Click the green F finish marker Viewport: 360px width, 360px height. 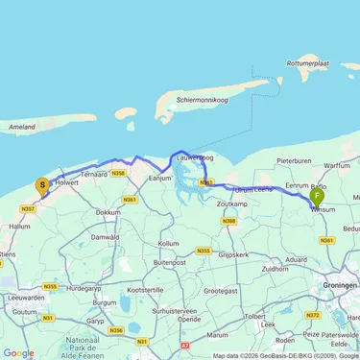[318, 197]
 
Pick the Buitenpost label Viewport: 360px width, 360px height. [168, 261]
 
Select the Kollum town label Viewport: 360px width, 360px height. [169, 244]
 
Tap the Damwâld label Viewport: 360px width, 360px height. [106, 236]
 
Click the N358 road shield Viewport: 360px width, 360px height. [118, 174]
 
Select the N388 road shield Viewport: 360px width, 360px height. [229, 222]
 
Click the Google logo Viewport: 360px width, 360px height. [19, 351]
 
